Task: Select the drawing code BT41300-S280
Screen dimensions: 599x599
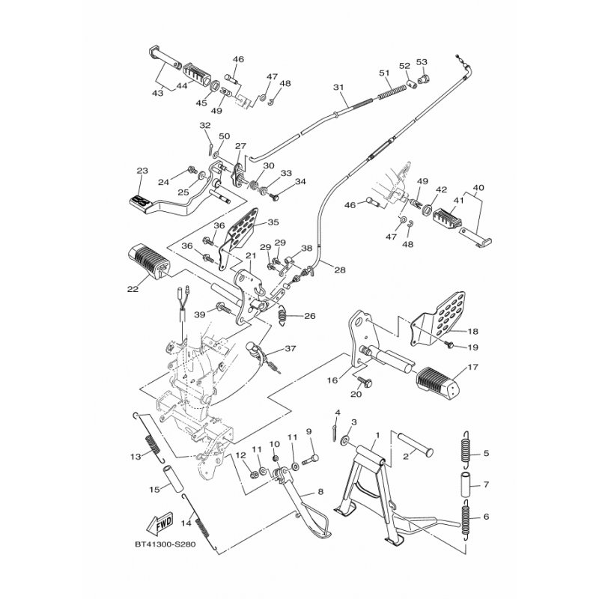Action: (x=165, y=544)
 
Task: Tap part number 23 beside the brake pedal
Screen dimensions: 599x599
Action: (x=143, y=171)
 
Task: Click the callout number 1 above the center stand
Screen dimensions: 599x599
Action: (x=378, y=434)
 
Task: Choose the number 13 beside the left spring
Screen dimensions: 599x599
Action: (x=136, y=457)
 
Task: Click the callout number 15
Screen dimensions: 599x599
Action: (x=154, y=490)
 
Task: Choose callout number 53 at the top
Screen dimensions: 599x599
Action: (x=422, y=61)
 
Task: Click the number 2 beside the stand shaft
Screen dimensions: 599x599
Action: (x=405, y=455)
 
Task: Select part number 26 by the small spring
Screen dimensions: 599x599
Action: (x=309, y=316)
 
